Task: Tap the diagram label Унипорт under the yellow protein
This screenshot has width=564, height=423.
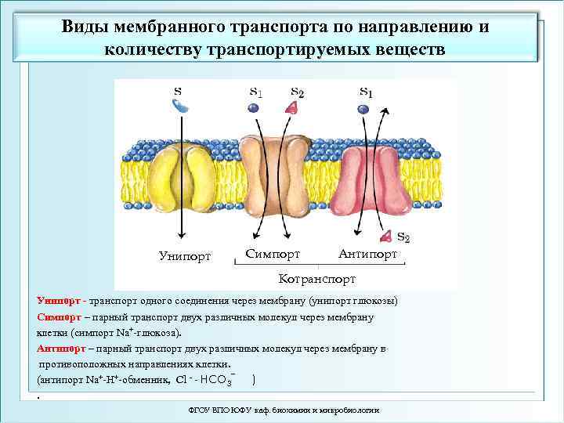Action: (185, 256)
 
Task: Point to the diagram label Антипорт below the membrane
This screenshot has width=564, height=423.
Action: (368, 254)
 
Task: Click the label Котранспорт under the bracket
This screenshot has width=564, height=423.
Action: (317, 279)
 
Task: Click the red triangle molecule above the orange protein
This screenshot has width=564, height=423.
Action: (291, 108)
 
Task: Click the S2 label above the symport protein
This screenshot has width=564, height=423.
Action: (297, 92)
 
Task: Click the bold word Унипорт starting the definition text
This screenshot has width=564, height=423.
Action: (60, 301)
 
